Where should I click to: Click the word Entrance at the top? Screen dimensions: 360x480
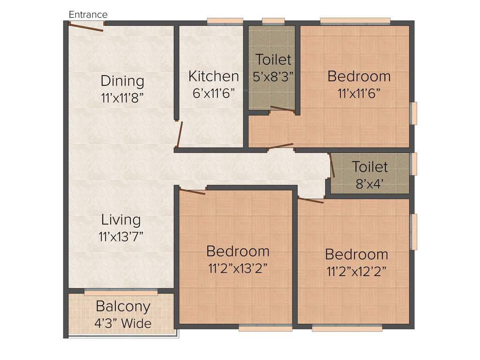[x=88, y=15]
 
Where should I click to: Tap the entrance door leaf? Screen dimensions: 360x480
[x=85, y=27]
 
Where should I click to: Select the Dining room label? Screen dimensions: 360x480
[x=122, y=81]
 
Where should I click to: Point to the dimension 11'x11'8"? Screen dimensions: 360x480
[x=122, y=98]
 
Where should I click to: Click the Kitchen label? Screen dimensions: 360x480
[x=213, y=76]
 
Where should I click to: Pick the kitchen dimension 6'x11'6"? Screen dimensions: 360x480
[x=213, y=93]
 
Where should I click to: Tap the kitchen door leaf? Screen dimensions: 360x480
[x=179, y=135]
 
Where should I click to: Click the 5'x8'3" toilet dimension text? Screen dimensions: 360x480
[x=273, y=77]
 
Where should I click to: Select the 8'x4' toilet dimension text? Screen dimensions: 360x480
[x=370, y=183]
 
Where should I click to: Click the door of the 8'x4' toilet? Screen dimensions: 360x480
[x=332, y=166]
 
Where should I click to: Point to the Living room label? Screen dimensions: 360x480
[x=121, y=219]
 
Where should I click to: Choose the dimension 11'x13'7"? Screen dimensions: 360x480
[x=121, y=237]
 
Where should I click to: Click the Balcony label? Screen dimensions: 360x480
[x=123, y=307]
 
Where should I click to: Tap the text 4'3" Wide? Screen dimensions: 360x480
[x=123, y=323]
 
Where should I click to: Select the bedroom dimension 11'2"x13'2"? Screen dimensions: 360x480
[x=238, y=269]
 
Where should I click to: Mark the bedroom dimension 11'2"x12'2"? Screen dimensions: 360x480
[x=356, y=272]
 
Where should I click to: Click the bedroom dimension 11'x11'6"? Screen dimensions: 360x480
[x=359, y=93]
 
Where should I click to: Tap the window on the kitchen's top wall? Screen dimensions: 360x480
[x=225, y=21]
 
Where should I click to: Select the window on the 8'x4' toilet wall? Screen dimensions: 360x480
[x=413, y=164]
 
